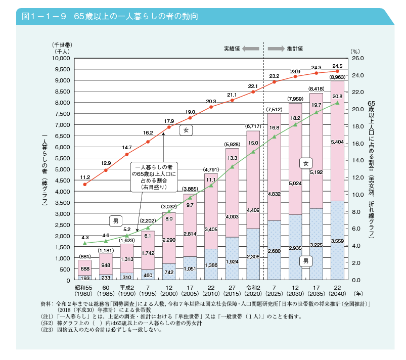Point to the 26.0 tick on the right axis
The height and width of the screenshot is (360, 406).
(358, 58)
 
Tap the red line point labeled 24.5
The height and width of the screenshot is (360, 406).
(337, 71)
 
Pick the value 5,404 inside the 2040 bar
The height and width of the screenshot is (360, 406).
(337, 143)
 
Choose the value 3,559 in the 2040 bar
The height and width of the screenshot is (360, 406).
(337, 241)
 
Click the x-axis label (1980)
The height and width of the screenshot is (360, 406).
(85, 293)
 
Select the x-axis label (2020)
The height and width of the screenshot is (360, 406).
(253, 293)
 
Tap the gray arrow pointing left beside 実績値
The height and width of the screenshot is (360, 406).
(250, 49)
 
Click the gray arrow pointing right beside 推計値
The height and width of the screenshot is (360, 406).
(276, 49)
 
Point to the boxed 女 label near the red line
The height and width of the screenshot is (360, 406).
(186, 130)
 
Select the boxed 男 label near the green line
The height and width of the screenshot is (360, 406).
(116, 220)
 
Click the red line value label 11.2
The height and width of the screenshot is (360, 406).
(85, 177)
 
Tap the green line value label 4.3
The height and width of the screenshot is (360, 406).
(85, 237)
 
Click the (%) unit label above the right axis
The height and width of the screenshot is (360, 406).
(355, 51)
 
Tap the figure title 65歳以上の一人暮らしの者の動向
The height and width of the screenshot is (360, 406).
(136, 16)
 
